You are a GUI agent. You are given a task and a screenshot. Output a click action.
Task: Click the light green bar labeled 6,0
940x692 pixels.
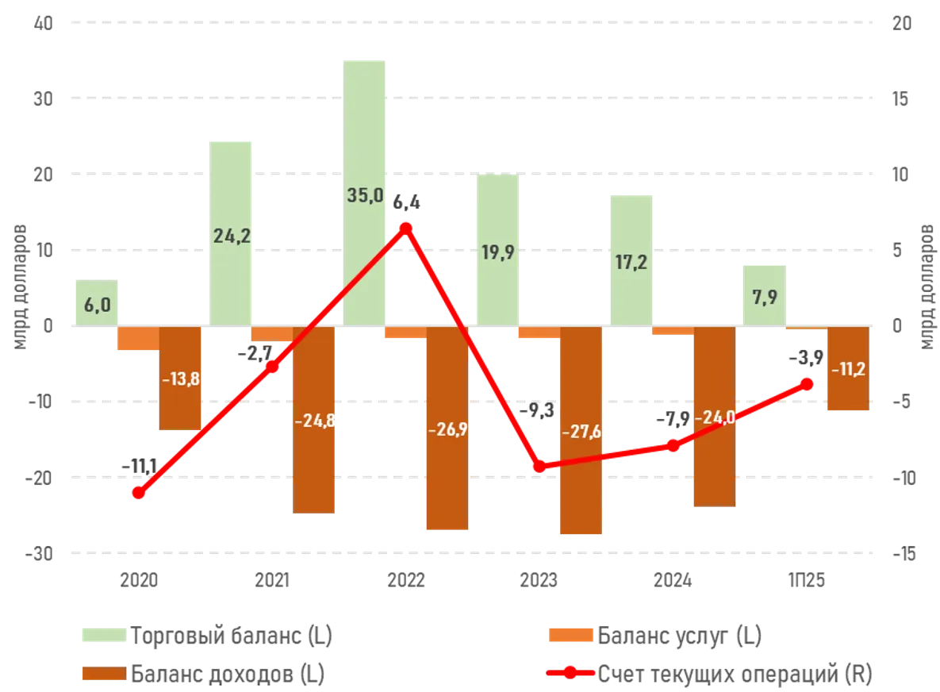pos(95,302)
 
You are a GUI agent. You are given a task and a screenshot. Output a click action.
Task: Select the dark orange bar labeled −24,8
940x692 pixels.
pos(314,421)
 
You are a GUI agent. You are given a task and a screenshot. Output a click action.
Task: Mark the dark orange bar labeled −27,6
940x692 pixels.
pos(581,432)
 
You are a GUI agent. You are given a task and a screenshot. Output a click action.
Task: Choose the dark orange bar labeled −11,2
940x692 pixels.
pos(847,369)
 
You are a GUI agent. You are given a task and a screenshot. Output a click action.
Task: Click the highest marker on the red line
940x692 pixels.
pos(406,227)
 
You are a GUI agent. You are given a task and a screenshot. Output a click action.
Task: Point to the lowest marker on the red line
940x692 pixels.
pos(139,493)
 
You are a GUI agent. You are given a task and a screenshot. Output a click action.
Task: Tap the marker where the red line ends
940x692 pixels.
pos(808,383)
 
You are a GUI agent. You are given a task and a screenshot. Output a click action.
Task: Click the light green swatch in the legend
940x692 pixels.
pos(102,636)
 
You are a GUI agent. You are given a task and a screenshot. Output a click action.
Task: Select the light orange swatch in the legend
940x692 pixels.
pos(570,636)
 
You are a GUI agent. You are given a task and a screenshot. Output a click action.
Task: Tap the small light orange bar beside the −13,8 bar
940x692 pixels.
pos(138,339)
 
